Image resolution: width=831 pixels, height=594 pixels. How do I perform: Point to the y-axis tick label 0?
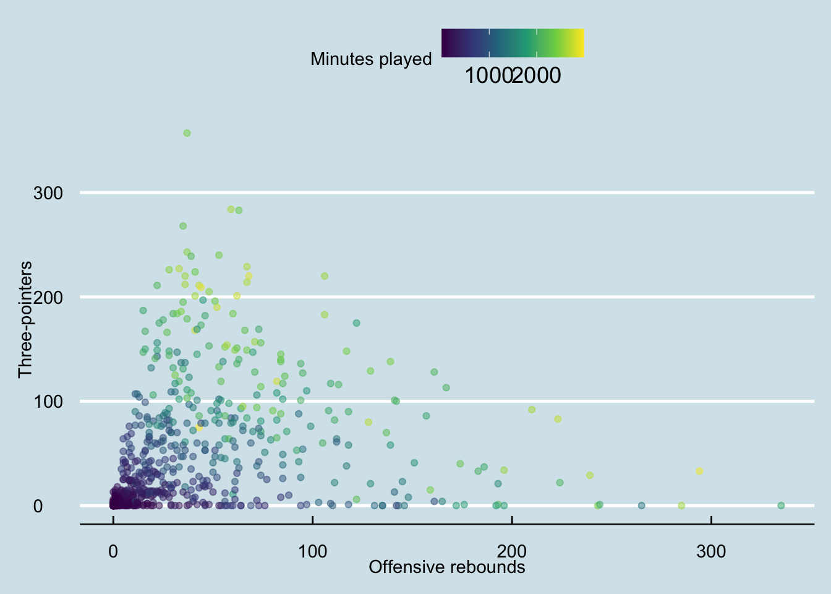coord(38,506)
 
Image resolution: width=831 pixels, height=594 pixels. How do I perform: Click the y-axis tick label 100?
coord(48,402)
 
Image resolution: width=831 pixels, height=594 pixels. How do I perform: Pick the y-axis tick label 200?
coord(48,298)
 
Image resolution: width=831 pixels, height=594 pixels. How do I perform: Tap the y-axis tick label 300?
coord(48,193)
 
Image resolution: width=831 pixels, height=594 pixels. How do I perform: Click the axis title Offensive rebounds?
coord(447,567)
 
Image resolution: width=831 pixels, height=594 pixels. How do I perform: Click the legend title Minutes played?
coord(371,59)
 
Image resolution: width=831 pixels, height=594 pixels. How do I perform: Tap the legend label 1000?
coord(488,75)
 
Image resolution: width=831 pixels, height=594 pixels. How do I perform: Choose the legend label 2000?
coord(537,75)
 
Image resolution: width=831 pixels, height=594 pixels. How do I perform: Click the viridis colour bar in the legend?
coord(513,43)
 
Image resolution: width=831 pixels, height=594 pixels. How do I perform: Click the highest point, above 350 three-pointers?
coord(187,133)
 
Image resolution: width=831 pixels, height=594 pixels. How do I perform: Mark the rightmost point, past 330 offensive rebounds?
coord(781,506)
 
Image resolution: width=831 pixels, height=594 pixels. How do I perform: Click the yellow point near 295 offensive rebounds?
coord(699,471)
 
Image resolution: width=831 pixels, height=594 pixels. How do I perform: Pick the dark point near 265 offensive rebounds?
coord(641,506)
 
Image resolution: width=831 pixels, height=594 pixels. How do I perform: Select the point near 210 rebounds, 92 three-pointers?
coord(532,410)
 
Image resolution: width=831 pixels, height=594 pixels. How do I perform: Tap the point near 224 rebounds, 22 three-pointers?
coord(560,483)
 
